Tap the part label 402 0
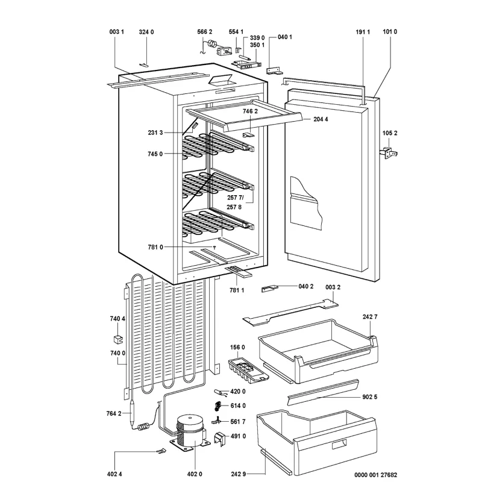pos(195,474)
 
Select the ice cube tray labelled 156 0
pos(248,370)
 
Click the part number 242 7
pos(370,317)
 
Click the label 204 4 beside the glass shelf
pos(321,119)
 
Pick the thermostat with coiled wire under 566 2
pos(215,48)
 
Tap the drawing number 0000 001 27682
pos(375,475)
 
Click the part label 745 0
pos(155,154)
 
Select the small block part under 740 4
pos(117,339)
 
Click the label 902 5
pos(369,397)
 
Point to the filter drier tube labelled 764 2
pos(132,413)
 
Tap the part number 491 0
pos(238,436)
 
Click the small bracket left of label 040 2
pos(269,289)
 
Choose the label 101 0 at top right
pos(390,32)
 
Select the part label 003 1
pos(116,32)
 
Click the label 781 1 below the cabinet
pos(237,290)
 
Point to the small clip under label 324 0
pos(144,64)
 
